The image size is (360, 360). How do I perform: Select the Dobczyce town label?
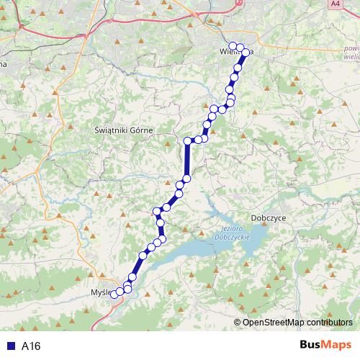click(270, 217)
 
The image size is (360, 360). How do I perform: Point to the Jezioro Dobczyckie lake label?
click(231, 233)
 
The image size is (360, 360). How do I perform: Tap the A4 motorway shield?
click(334, 4)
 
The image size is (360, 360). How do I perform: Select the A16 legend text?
click(31, 346)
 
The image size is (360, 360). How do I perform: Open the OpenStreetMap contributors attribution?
click(297, 323)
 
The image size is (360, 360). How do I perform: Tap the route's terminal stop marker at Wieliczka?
click(232, 47)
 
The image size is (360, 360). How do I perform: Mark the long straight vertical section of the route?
click(187, 159)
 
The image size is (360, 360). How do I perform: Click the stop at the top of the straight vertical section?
click(187, 140)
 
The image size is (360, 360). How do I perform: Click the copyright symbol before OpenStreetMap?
click(238, 323)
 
